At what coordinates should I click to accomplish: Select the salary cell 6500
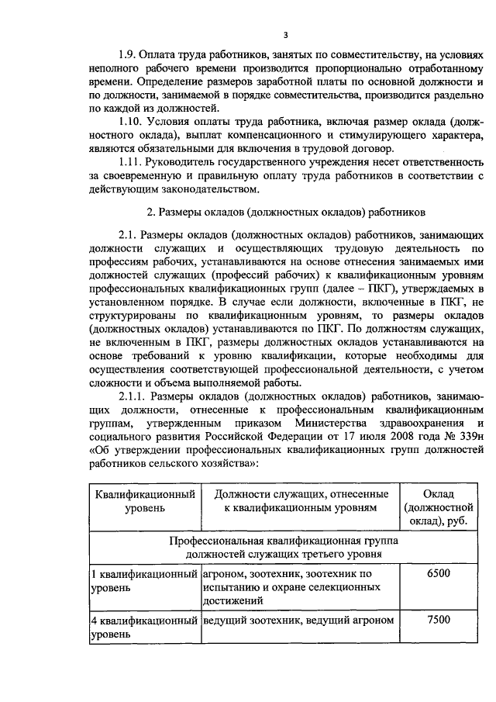point(438,573)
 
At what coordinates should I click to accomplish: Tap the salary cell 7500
point(438,620)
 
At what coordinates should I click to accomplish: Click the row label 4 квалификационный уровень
point(144,627)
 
